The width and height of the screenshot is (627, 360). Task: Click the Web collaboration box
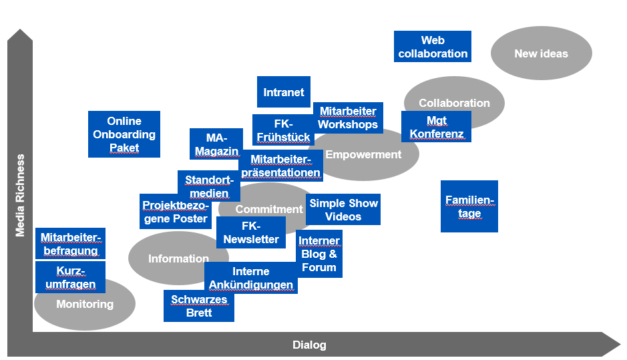pos(432,47)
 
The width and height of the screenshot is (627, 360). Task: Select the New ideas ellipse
pos(541,53)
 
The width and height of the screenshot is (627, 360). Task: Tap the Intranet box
pos(283,92)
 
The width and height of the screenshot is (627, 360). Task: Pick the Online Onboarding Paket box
pos(124,134)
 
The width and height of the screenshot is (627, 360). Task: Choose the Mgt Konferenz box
pos(436,127)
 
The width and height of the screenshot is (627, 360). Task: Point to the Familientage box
pos(469,206)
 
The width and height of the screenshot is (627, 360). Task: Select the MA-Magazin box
pos(216,144)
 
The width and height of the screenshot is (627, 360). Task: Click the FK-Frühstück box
pos(283,130)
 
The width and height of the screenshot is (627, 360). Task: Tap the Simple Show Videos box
pos(343,210)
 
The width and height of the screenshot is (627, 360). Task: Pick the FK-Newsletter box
pos(251,232)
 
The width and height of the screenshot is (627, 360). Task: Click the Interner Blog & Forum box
pos(319,254)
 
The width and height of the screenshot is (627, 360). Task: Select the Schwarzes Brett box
pos(199,306)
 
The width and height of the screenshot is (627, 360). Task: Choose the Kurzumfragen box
pos(70,277)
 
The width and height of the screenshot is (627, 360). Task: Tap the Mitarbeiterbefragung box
pos(70,244)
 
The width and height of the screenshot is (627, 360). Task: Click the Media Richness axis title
pos(21,195)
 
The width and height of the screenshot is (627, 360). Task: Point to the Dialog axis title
pos(309,345)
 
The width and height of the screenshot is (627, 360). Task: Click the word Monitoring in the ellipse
pos(85,305)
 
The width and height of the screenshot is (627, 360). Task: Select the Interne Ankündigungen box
pos(250,278)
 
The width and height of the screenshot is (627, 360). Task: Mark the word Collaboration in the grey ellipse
pos(454,103)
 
